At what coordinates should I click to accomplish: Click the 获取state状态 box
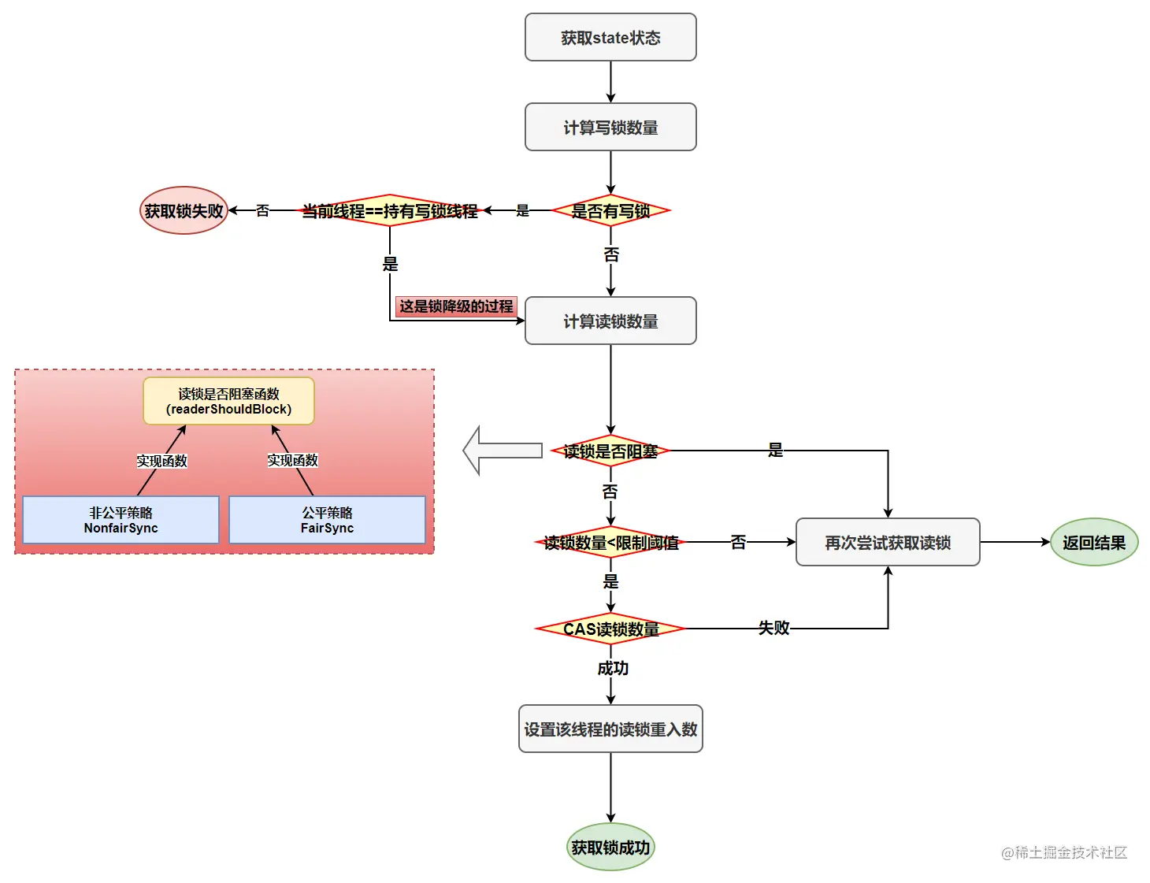[610, 37]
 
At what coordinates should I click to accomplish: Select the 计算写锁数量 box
[610, 127]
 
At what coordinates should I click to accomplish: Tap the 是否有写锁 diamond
[610, 210]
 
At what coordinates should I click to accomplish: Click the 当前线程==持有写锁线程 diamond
[390, 210]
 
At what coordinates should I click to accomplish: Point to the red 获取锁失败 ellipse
[184, 210]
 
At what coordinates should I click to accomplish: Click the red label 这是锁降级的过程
[455, 306]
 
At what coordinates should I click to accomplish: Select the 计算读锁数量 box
[610, 321]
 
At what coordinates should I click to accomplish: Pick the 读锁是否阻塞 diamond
[610, 451]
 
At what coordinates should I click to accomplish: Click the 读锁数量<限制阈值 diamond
[610, 542]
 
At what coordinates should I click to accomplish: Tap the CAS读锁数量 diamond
[610, 629]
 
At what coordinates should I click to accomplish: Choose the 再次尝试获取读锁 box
[888, 542]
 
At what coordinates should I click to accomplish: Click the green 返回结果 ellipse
[1094, 542]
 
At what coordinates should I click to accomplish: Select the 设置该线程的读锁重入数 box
[610, 729]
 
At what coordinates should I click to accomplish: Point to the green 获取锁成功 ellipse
[610, 847]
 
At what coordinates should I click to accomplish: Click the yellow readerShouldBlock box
[228, 401]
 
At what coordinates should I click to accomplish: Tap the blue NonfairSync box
[121, 520]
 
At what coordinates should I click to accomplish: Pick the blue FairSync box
[327, 520]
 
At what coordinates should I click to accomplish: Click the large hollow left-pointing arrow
[503, 451]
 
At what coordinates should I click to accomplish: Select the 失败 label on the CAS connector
[773, 628]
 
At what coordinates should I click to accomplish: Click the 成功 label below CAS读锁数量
[613, 668]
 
